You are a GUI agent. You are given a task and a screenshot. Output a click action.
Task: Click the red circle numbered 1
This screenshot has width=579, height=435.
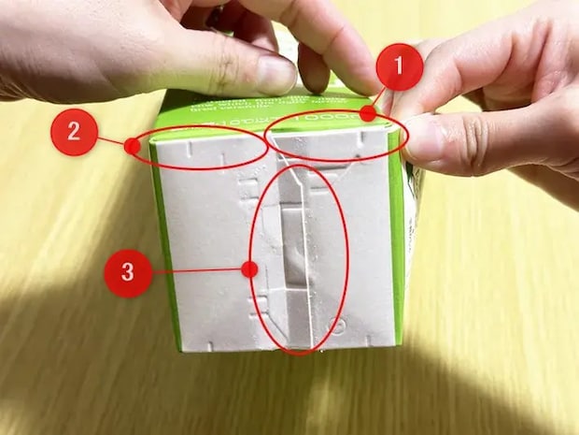[400, 66]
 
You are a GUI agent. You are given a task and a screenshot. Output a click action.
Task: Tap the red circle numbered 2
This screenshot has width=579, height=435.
[74, 132]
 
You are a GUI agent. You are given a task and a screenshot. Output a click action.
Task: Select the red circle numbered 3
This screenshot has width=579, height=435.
[129, 274]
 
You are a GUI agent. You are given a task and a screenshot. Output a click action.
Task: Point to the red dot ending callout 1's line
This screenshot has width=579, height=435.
[368, 114]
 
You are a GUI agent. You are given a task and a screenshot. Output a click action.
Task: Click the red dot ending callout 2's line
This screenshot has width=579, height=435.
[134, 146]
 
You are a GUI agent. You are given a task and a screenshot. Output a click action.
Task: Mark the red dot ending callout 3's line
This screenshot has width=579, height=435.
[248, 270]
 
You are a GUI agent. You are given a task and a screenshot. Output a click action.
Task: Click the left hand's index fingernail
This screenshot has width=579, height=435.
[276, 75]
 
